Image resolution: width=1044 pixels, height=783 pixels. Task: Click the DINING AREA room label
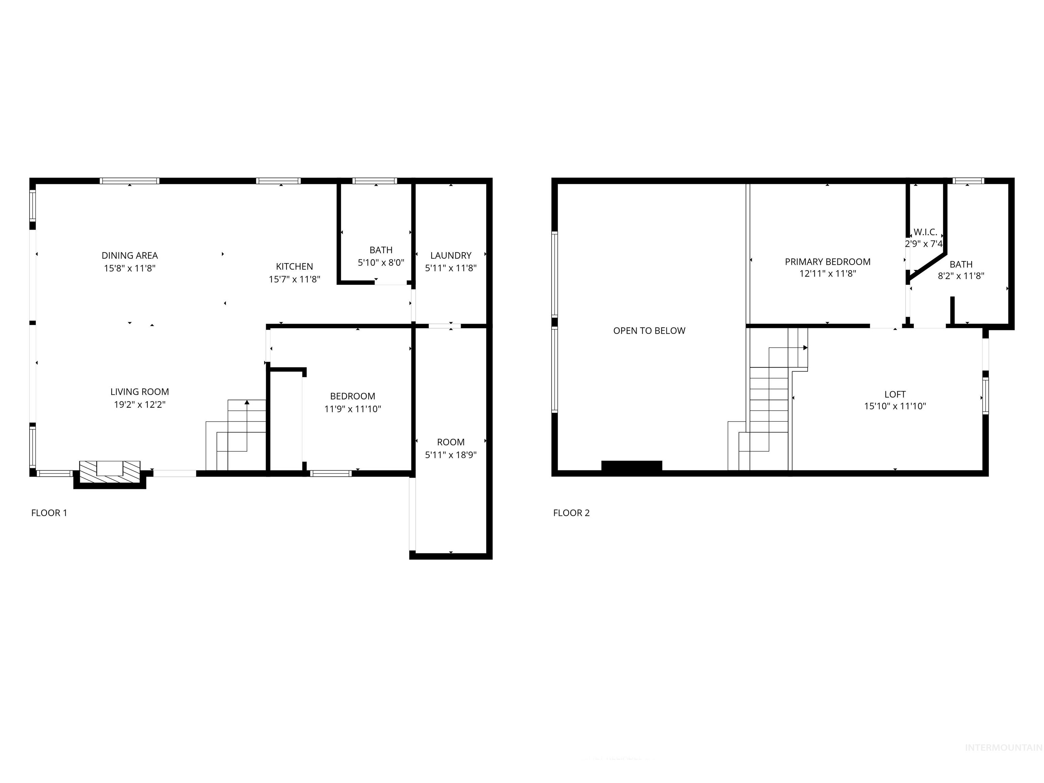(130, 255)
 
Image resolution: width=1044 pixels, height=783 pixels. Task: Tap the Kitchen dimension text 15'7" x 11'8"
(295, 279)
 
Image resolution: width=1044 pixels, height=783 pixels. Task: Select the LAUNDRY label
(451, 255)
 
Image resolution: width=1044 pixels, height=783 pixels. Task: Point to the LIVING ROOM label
(140, 392)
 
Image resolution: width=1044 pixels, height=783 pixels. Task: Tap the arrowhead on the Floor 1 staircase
(247, 402)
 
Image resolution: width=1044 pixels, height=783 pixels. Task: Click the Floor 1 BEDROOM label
(352, 396)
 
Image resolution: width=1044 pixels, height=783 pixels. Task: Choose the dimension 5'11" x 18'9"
(451, 455)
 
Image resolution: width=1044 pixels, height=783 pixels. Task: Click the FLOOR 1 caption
(49, 513)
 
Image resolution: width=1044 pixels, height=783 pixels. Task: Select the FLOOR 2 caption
(571, 513)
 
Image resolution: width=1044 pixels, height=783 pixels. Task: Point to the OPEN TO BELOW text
(649, 331)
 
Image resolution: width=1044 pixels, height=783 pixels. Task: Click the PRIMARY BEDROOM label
(828, 261)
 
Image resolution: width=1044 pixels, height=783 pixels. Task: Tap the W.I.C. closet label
(925, 232)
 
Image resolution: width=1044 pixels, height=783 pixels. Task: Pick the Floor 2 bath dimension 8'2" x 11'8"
(961, 276)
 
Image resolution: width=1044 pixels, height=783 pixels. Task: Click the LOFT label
(895, 394)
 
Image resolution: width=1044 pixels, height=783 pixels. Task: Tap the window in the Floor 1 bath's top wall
(375, 181)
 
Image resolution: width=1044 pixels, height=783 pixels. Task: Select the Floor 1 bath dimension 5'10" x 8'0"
(381, 262)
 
